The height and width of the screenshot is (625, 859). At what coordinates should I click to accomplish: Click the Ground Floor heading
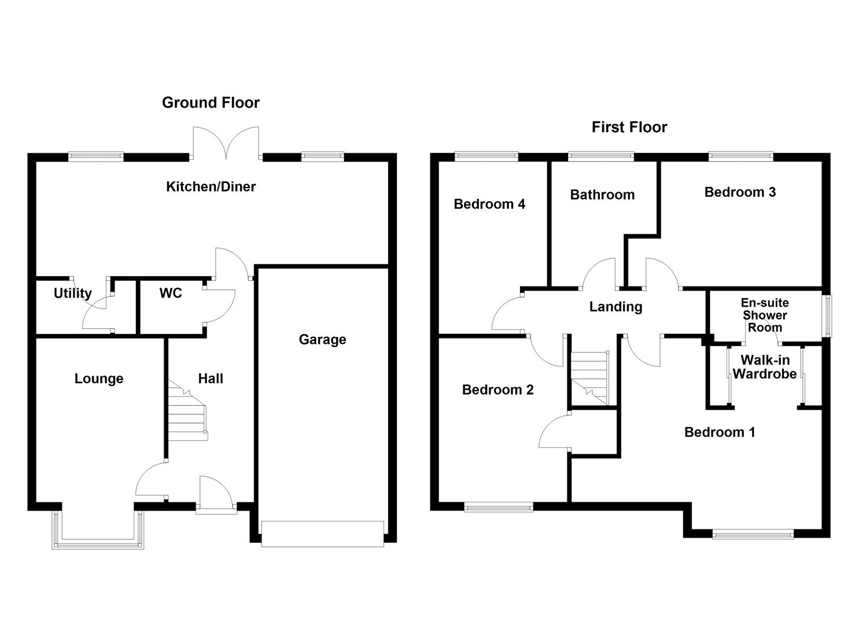coord(211,102)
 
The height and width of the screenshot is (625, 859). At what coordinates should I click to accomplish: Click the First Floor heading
coord(629,127)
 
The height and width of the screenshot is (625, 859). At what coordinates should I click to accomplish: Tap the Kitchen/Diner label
coord(211,186)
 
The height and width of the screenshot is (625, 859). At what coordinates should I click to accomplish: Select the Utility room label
coord(72,293)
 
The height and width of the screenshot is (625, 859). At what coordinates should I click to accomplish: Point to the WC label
coord(171,293)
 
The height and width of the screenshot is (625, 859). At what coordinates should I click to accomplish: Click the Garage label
coord(322,340)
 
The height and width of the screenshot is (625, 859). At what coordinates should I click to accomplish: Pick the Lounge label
coord(99,378)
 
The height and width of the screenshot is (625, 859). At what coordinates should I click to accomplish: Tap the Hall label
coord(211,378)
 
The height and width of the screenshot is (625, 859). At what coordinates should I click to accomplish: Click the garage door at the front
coord(322,534)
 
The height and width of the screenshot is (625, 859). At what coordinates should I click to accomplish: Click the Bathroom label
coord(602,194)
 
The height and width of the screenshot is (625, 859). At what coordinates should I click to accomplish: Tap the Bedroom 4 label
coord(489,204)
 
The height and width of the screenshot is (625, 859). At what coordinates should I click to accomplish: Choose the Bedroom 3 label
coord(740,192)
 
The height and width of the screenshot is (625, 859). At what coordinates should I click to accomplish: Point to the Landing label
coord(615,307)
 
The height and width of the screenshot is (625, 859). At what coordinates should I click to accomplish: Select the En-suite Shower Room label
coord(765,315)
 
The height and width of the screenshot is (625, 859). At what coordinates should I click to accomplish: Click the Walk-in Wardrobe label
coord(764,367)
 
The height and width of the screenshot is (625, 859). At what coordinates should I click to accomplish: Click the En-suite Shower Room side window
coord(828,316)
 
